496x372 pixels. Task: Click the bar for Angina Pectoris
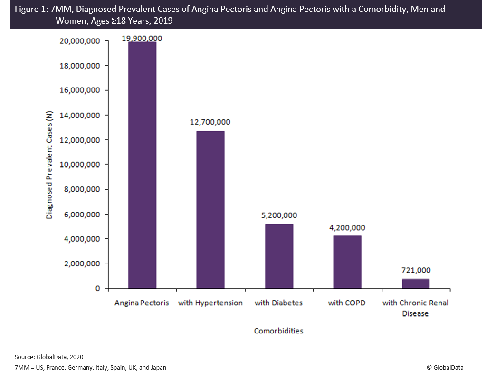tap(143, 165)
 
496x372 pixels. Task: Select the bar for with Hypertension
tap(210, 209)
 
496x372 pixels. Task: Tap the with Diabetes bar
tap(279, 256)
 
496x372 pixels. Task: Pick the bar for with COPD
tap(347, 262)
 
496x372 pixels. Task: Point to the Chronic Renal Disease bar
tap(415, 284)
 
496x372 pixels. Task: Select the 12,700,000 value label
tap(210, 122)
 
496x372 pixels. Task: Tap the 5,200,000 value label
tap(278, 215)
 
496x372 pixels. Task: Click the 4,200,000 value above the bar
tap(347, 227)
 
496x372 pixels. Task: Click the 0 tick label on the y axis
tap(97, 288)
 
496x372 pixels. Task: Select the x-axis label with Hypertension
tap(210, 303)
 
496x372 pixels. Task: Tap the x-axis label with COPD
tap(347, 303)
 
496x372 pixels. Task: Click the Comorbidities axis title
tap(278, 331)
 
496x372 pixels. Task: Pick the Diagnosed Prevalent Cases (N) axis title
tap(49, 165)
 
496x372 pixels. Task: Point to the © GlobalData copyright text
tap(445, 367)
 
